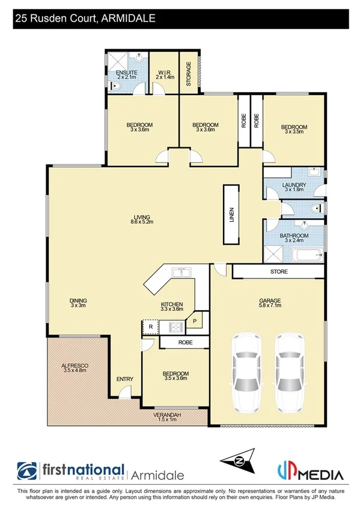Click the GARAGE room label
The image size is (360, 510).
tap(270, 300)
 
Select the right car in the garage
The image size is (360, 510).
tap(293, 370)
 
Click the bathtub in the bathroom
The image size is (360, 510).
tap(307, 256)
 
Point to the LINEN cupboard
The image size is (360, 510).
tap(231, 215)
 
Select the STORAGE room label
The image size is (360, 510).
tap(188, 73)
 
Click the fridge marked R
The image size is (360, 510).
tap(150, 328)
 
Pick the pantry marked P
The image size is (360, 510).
tap(195, 321)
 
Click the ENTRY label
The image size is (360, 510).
tap(125, 378)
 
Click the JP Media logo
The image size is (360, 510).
tap(311, 471)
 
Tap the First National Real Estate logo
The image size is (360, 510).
tap(71, 471)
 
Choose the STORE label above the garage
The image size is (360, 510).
tap(279, 272)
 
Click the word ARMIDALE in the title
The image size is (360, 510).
tap(129, 19)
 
